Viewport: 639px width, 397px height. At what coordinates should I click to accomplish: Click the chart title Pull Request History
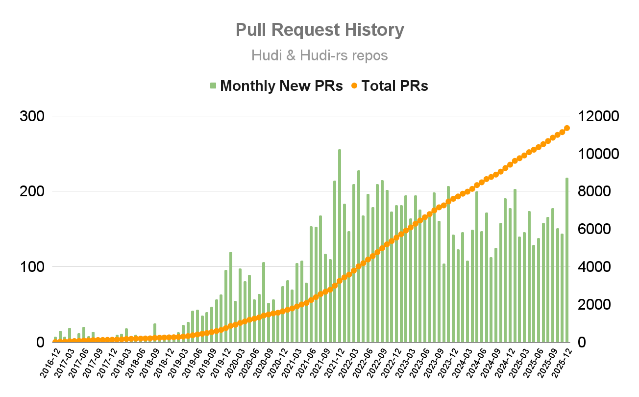pyautogui.click(x=319, y=30)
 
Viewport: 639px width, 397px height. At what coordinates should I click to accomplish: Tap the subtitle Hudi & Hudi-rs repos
pyautogui.click(x=319, y=55)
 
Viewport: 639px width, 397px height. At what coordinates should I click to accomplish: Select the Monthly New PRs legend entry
pyautogui.click(x=276, y=86)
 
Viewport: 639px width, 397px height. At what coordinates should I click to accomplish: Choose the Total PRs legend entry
pyautogui.click(x=389, y=86)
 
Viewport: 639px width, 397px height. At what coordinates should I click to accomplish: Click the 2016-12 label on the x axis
pyautogui.click(x=49, y=363)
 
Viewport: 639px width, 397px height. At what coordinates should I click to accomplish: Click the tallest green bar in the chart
pyautogui.click(x=340, y=245)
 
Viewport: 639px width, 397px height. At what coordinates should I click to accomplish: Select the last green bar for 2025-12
pyautogui.click(x=567, y=260)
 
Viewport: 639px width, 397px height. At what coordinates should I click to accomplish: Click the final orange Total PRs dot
pyautogui.click(x=567, y=128)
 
